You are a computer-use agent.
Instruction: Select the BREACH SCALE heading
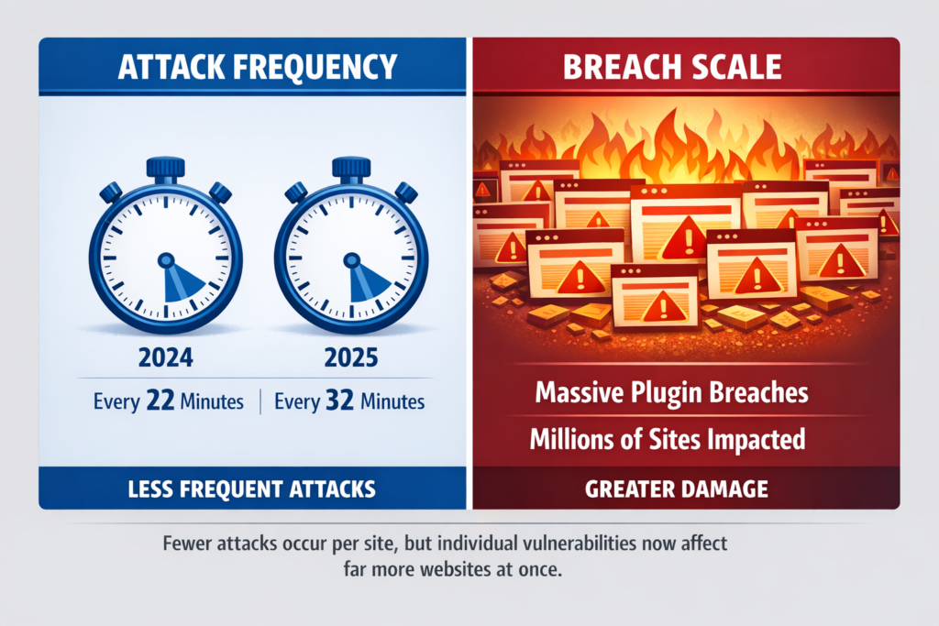685,67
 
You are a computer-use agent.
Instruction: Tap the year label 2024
165,358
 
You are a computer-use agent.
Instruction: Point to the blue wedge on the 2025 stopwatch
368,280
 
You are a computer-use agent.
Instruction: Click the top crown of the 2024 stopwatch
166,168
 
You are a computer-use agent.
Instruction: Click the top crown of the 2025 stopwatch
351,168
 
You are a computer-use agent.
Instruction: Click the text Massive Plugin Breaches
671,393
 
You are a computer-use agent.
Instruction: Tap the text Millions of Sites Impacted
668,440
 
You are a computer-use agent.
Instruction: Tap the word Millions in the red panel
571,440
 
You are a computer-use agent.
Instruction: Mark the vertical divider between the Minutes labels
262,401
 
